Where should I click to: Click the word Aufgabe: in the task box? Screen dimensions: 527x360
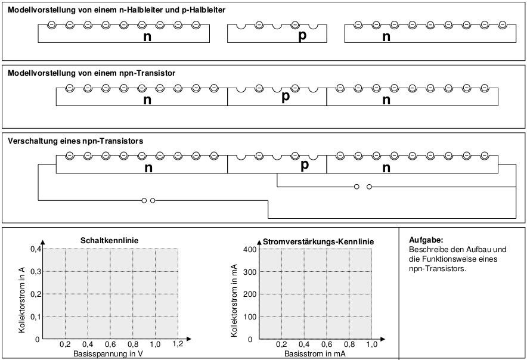[426, 240]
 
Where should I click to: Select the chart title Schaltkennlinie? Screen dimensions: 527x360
[109, 240]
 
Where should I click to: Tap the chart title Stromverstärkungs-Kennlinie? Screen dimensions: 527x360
[318, 241]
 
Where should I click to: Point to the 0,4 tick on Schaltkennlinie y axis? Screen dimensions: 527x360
[36, 249]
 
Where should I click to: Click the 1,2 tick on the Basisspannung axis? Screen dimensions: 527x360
[178, 344]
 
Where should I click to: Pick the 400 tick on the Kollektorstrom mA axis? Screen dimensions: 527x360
[250, 249]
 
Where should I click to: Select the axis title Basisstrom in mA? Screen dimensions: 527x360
[315, 353]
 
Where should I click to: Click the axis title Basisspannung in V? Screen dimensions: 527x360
[110, 353]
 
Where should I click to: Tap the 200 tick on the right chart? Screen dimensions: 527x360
[250, 294]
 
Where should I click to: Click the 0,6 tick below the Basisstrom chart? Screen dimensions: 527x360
[326, 344]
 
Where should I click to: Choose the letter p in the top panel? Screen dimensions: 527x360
[302, 36]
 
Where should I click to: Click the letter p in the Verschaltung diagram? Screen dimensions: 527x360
[305, 165]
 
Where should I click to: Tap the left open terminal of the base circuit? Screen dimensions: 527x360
[356, 187]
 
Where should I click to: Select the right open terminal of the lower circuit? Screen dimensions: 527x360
[153, 200]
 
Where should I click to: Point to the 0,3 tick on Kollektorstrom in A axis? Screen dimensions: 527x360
[36, 272]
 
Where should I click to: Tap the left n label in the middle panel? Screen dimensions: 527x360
[147, 100]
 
